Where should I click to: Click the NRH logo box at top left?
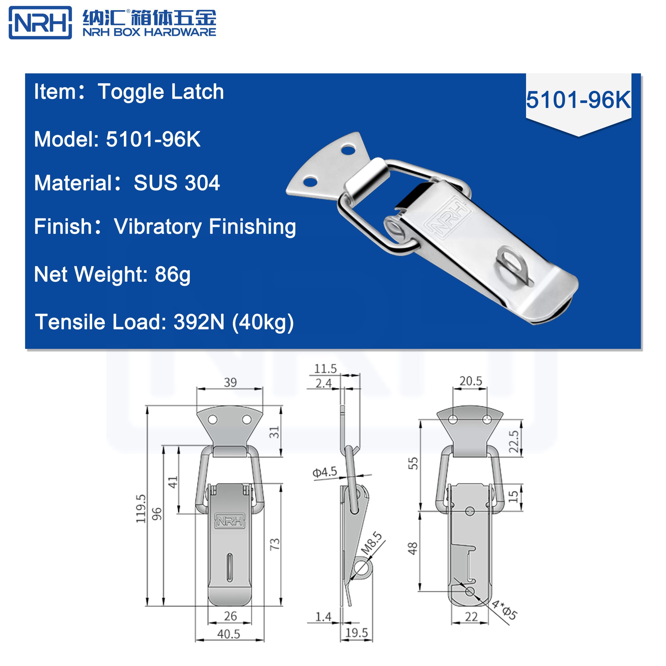point(40,23)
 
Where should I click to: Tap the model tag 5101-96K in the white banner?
point(578,100)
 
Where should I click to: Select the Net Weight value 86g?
point(172,274)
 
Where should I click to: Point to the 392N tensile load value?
point(199,322)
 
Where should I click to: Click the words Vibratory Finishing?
point(205,227)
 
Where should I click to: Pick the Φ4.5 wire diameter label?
point(324,472)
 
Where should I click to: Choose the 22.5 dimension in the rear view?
point(514,441)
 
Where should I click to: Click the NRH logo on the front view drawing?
point(230,521)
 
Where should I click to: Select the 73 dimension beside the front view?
point(275,544)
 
